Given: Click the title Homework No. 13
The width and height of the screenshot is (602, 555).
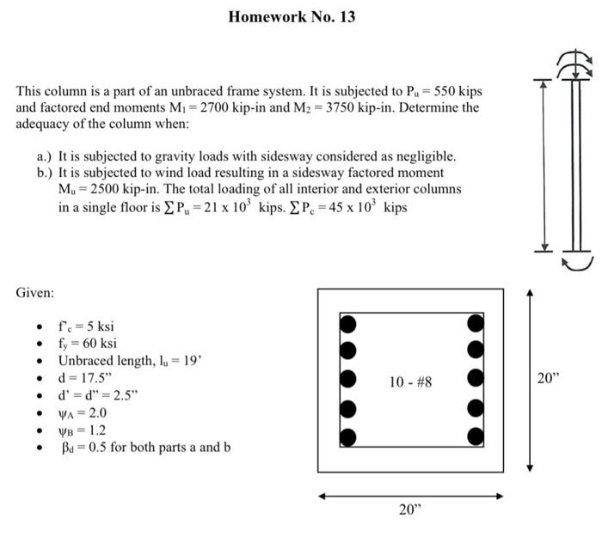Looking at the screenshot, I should tap(292, 16).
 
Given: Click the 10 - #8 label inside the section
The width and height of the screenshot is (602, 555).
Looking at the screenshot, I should tap(409, 380).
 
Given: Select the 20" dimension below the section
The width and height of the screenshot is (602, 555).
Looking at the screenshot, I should tap(410, 509).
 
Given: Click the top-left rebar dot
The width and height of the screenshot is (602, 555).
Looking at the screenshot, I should tap(347, 324).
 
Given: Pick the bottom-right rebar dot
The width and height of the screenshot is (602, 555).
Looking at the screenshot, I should tap(475, 436).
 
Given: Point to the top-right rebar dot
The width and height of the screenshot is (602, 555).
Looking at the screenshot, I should tap(475, 324).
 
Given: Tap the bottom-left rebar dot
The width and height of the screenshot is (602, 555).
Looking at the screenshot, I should tap(347, 436).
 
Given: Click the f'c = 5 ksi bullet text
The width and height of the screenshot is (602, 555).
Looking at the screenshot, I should tap(86, 326).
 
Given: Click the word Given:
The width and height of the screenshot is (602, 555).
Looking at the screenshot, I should tap(35, 293).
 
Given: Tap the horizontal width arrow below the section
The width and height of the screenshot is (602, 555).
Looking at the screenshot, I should tap(410, 496).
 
